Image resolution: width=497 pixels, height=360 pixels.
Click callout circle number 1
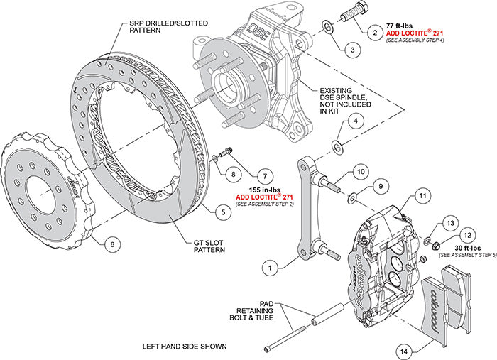tap(269, 268)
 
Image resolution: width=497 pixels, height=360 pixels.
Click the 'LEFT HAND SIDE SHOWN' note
tap(185, 347)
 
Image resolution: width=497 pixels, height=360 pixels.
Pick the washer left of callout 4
tap(336, 146)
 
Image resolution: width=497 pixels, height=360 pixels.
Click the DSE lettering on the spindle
tap(253, 31)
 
